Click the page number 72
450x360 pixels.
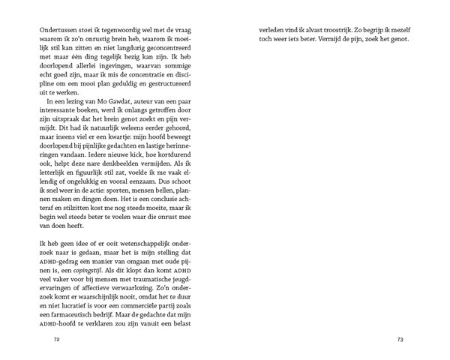[56, 339]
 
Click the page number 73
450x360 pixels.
[400, 339]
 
